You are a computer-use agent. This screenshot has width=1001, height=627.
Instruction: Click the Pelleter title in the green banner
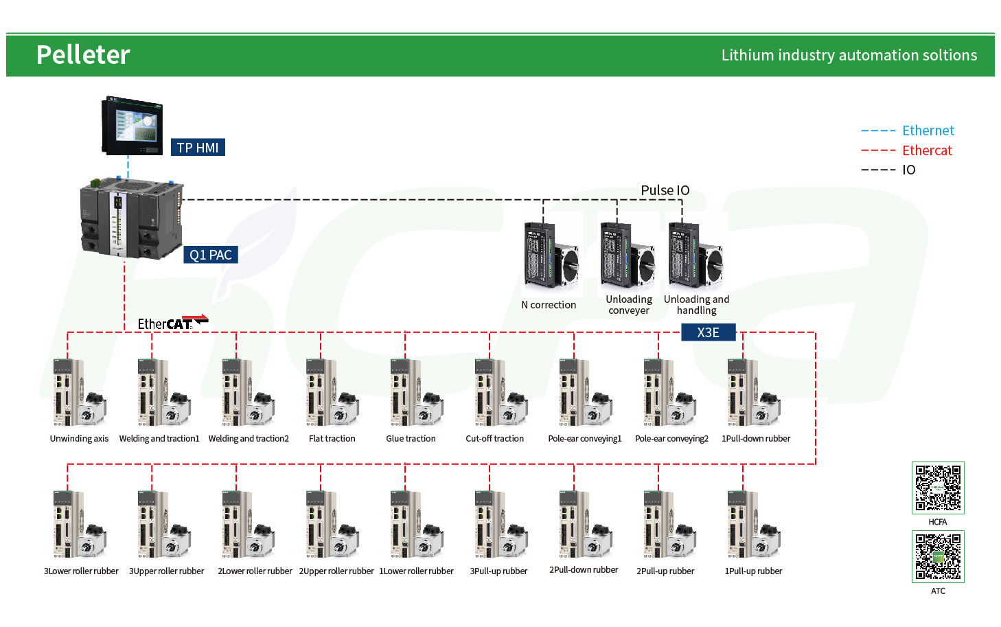[x=83, y=55]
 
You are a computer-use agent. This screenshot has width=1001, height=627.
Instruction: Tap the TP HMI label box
[x=198, y=148]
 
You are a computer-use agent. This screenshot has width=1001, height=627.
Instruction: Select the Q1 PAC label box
[x=211, y=255]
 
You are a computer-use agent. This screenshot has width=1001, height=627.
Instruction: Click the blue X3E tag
[x=709, y=332]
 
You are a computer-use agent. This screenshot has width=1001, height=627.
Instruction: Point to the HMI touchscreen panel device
[x=132, y=126]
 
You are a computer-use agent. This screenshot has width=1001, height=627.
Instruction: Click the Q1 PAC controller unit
[x=132, y=218]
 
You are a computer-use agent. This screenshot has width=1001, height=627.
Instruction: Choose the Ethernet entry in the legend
[x=908, y=130]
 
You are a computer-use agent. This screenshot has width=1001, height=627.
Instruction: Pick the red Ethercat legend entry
[x=907, y=150]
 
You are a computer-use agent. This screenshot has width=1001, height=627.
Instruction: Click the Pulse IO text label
[x=665, y=190]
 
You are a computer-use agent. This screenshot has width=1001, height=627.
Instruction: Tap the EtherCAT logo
[x=172, y=323]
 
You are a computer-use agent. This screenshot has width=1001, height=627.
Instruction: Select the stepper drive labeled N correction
[x=551, y=255]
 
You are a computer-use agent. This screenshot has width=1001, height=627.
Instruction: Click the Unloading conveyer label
[x=629, y=305]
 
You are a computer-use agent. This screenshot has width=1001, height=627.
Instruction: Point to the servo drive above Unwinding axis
[x=80, y=392]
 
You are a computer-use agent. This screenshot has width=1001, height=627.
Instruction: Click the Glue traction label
[x=411, y=438]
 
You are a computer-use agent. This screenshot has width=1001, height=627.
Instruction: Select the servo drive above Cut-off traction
[x=501, y=392]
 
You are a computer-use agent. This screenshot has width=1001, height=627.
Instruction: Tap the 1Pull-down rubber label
[x=756, y=438]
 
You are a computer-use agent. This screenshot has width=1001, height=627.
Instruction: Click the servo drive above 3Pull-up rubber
[x=501, y=524]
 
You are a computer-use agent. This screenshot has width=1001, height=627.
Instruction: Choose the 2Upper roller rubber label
[x=336, y=571]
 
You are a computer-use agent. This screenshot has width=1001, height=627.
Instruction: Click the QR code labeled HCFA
[x=938, y=488]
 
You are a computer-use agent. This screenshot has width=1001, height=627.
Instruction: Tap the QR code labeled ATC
[x=938, y=557]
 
